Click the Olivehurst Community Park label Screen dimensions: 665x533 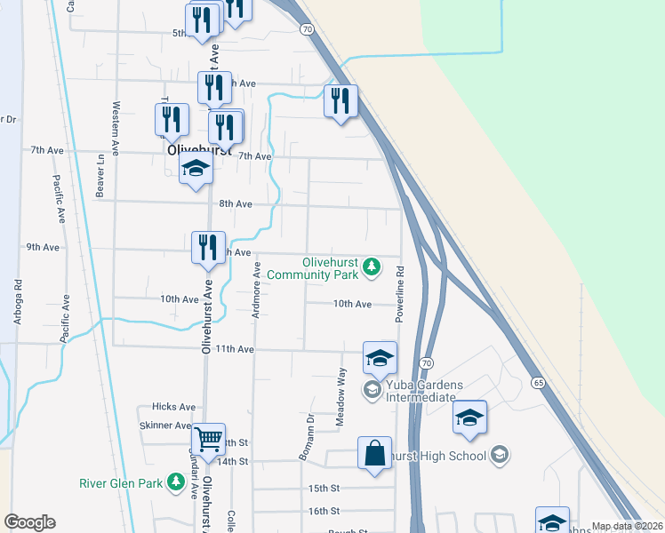pyautogui.click(x=330, y=268)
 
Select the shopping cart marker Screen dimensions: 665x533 pyautogui.click(x=208, y=438)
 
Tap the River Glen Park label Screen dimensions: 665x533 pyautogui.click(x=122, y=484)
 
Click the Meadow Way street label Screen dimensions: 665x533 pyautogui.click(x=341, y=395)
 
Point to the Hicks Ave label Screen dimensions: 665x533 pyautogui.click(x=173, y=407)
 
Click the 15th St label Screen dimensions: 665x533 pyautogui.click(x=324, y=489)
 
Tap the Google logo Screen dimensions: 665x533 pyautogui.click(x=29, y=522)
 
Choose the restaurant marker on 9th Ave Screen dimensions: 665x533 pyautogui.click(x=209, y=248)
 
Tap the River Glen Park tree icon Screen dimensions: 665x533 pyautogui.click(x=176, y=481)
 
